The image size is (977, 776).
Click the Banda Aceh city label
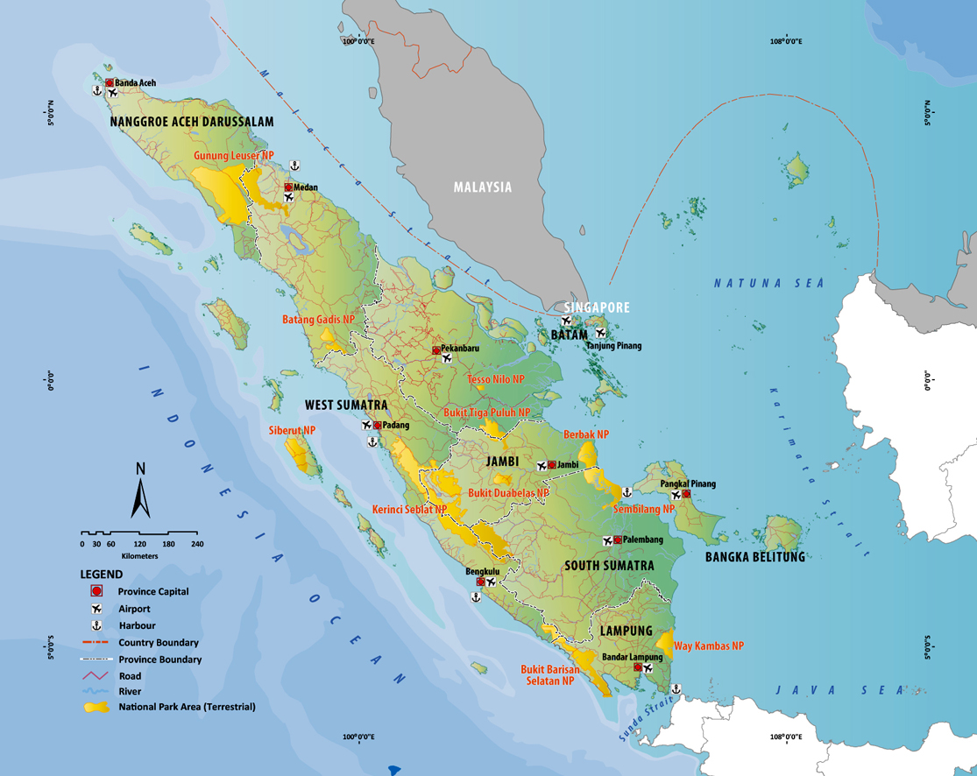tap(135, 83)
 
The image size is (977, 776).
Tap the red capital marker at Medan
tap(288, 187)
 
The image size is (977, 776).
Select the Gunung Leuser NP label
tap(234, 156)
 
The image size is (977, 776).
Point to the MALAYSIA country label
tap(482, 187)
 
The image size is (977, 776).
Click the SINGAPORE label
tap(597, 307)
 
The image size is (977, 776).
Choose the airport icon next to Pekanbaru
tap(447, 358)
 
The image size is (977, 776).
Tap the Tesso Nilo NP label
tap(496, 379)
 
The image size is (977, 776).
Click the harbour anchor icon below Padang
tap(372, 441)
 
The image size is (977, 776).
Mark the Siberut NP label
tap(292, 431)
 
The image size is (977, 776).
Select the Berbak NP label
tap(586, 434)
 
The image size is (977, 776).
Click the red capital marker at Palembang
tap(618, 540)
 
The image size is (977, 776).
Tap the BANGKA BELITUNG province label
tap(754, 556)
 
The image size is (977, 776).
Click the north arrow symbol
tap(140, 495)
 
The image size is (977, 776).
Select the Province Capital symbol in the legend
tap(96, 592)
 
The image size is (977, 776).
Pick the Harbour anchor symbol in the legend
tap(96, 625)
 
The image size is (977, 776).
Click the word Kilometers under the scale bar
tap(140, 556)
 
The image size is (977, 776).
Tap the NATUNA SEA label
tap(768, 283)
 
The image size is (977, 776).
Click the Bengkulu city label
tap(482, 572)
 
